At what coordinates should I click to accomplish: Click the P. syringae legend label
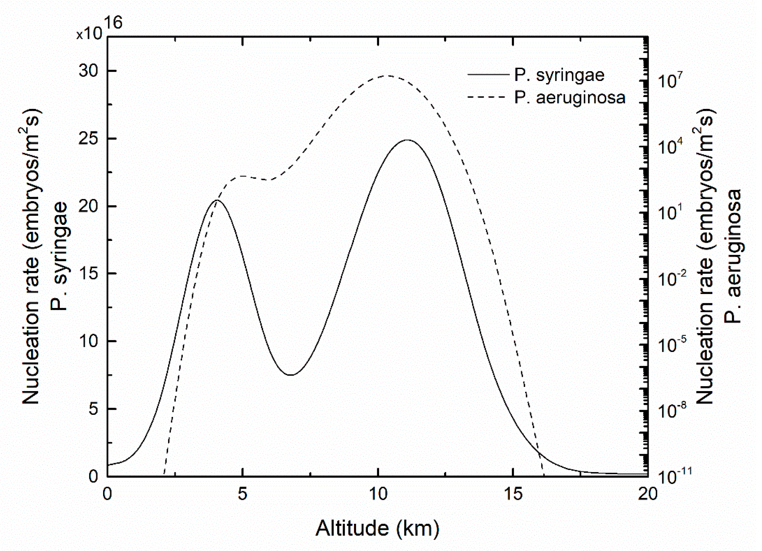coord(559,75)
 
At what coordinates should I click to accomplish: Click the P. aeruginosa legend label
coord(570,98)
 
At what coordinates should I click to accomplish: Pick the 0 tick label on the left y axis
coord(93,476)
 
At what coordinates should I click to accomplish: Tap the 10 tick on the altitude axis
coord(378,494)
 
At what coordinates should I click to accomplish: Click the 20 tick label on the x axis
coord(648,494)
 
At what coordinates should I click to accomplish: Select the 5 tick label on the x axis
coord(242,494)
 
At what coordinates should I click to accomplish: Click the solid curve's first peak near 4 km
coord(217,200)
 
